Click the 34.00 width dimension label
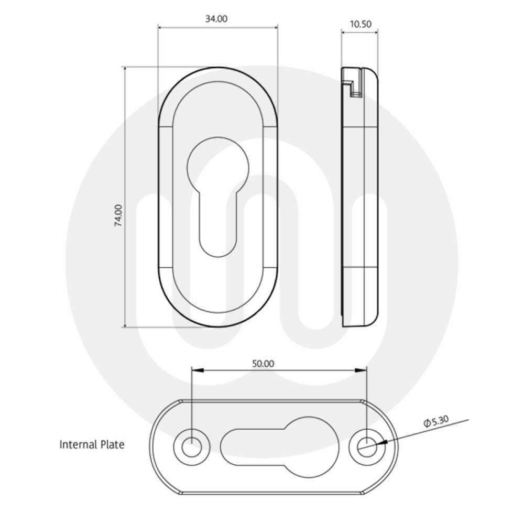coord(216,19)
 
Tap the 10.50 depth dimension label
coord(359,24)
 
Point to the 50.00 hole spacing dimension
coord(263,363)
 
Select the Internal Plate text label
coord(92,445)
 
